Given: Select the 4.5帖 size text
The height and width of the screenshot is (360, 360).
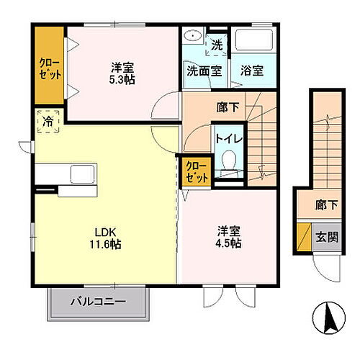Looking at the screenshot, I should [x=229, y=243].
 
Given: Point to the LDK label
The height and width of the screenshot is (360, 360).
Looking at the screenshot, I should [x=107, y=232].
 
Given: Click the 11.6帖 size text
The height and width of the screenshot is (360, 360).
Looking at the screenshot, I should [x=107, y=245].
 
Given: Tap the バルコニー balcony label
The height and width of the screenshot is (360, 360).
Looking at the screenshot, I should [x=98, y=302].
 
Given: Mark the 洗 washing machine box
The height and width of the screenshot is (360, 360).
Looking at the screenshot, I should [x=217, y=45].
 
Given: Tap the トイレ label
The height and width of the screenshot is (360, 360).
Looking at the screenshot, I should [x=229, y=137].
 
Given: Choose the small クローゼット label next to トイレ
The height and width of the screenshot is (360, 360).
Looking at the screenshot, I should [x=196, y=171].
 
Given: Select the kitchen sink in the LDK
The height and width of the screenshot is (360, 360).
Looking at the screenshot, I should [x=81, y=175].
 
